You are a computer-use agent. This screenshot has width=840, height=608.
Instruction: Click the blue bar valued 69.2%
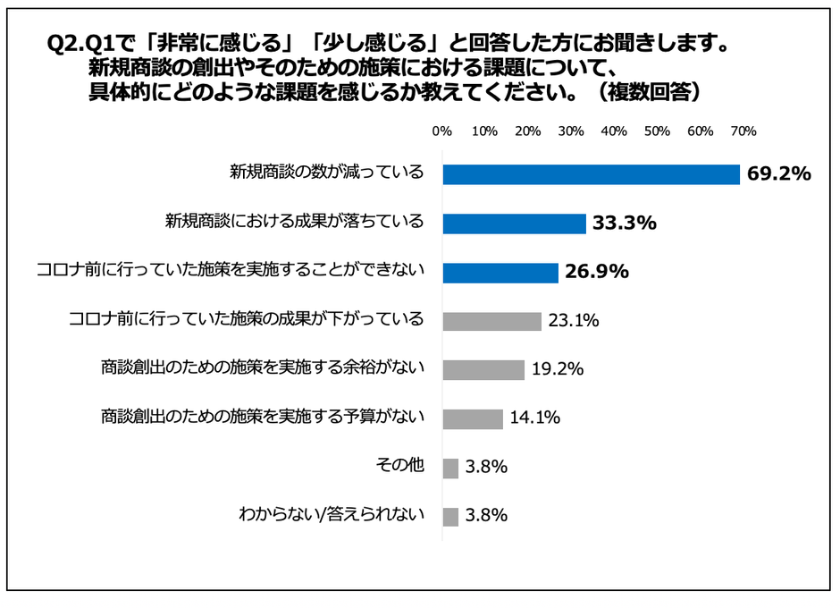tap(591, 173)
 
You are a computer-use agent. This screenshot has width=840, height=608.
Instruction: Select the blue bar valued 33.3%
tap(514, 223)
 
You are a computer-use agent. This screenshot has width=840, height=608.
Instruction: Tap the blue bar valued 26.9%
tap(500, 272)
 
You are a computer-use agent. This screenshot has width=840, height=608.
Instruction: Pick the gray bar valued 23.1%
tap(491, 320)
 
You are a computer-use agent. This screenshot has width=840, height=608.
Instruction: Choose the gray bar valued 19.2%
tap(483, 369)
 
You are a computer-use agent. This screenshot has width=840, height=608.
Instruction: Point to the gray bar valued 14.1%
tap(473, 418)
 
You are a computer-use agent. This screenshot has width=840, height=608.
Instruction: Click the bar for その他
tap(450, 468)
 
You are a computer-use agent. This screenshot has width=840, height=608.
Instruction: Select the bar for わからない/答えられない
tap(450, 516)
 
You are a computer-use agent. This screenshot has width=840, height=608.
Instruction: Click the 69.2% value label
tap(779, 173)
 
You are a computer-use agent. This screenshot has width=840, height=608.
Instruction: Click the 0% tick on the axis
tap(441, 131)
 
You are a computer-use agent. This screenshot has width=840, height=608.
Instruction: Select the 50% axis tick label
tap(657, 131)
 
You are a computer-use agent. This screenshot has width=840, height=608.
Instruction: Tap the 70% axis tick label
tap(743, 131)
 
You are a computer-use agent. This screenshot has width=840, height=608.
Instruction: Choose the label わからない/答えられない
tap(331, 515)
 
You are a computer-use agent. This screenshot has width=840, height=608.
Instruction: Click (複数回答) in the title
tap(649, 91)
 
